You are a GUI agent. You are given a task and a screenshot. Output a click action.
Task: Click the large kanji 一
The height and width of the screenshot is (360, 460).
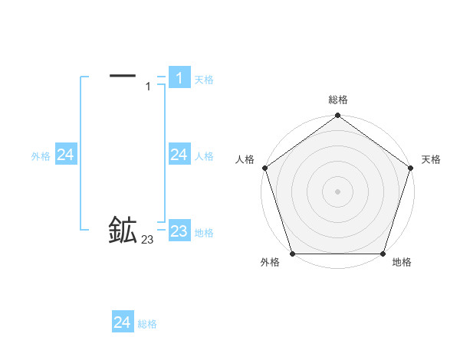[123, 75]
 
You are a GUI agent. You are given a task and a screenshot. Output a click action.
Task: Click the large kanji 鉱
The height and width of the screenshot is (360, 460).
[123, 231]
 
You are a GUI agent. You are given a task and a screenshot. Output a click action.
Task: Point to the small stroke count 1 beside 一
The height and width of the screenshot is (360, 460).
[148, 87]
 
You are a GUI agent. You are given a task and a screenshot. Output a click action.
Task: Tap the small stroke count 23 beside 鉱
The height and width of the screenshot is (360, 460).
[147, 241]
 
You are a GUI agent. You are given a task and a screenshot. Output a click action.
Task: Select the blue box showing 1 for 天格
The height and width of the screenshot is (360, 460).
[179, 78]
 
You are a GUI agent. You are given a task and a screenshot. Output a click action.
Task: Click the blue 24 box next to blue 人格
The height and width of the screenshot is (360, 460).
[179, 155]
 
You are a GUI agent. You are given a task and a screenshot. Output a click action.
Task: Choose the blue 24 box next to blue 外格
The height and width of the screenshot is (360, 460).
[65, 155]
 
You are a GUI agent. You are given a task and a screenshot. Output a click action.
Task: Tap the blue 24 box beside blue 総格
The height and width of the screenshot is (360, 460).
[122, 322]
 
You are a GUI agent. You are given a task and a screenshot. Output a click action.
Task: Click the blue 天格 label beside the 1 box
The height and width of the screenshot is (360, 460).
[204, 80]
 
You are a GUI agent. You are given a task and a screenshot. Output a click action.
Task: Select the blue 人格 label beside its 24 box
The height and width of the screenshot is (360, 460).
[204, 156]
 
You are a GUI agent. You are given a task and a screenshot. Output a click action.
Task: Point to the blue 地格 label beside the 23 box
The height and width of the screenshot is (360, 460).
[204, 233]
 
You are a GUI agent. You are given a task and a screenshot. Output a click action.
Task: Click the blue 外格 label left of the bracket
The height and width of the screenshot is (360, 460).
[41, 156]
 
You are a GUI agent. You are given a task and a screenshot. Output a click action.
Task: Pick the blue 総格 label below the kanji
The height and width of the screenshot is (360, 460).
[147, 324]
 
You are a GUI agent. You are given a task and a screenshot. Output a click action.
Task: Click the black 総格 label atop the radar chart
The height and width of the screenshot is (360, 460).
[337, 100]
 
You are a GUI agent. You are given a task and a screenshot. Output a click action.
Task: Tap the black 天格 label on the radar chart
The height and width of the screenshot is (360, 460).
[431, 159]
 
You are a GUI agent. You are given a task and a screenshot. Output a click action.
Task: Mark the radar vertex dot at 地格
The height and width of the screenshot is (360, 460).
[383, 254]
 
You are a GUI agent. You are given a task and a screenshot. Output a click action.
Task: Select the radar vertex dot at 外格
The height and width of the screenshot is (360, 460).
[292, 254]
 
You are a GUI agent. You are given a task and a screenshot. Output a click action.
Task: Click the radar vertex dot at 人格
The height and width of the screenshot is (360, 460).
[264, 168]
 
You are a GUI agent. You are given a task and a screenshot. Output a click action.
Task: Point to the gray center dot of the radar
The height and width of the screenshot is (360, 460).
[337, 191]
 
